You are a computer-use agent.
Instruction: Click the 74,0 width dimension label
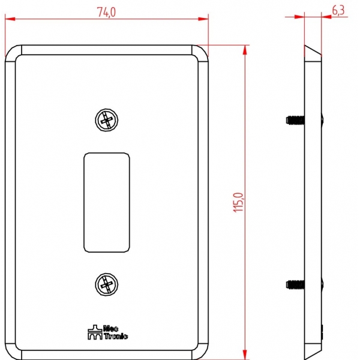[x=106, y=12]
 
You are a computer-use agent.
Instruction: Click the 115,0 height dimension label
[x=238, y=202]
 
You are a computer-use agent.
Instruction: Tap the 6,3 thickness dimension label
[x=338, y=11]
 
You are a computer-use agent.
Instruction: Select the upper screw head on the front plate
[x=107, y=120]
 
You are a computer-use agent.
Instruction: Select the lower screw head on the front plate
[x=107, y=284]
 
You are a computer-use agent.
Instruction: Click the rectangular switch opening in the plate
[x=107, y=203]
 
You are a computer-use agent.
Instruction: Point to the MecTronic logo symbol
[x=95, y=332]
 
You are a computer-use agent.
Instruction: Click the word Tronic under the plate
[x=116, y=337]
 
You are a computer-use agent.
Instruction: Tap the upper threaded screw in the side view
[x=295, y=120]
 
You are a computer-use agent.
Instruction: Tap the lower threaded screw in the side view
[x=295, y=284]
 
